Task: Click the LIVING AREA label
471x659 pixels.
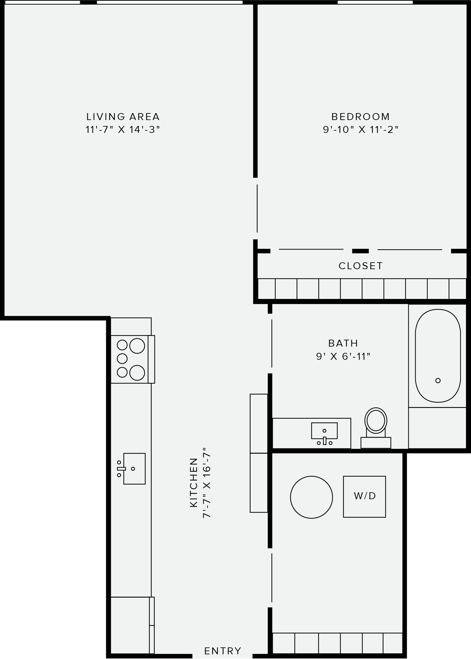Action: coord(123,117)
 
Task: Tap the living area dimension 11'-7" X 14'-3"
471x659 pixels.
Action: coord(123,129)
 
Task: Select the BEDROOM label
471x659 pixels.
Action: coord(361,117)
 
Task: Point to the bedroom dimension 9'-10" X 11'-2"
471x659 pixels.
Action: coord(361,129)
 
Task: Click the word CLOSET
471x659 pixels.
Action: coord(361,266)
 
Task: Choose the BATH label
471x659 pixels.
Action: coord(343,343)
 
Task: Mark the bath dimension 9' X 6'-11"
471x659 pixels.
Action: coord(343,356)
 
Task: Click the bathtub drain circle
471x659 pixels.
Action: coord(438,380)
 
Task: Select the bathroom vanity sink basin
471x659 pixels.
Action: coord(324,430)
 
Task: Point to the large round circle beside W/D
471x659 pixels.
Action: coord(311,497)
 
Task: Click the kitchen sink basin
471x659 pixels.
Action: coord(135,468)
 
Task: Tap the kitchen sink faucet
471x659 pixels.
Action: coord(121,468)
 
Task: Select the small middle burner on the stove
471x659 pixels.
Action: coord(122,358)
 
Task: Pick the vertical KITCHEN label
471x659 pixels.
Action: coord(194,483)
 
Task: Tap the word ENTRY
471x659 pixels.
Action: coord(223,651)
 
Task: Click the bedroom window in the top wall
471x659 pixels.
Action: coord(375,2)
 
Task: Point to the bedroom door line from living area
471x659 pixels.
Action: coord(257,208)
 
